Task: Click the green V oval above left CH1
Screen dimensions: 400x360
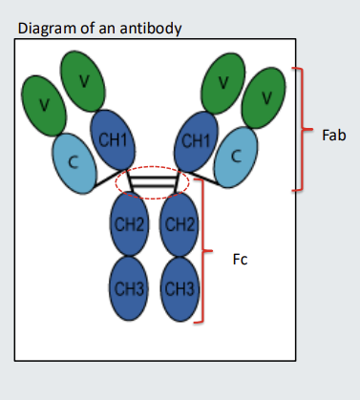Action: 84,79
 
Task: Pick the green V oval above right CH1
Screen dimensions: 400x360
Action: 223,80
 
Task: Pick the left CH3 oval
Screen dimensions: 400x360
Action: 129,288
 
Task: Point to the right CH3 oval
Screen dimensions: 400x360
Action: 180,288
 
